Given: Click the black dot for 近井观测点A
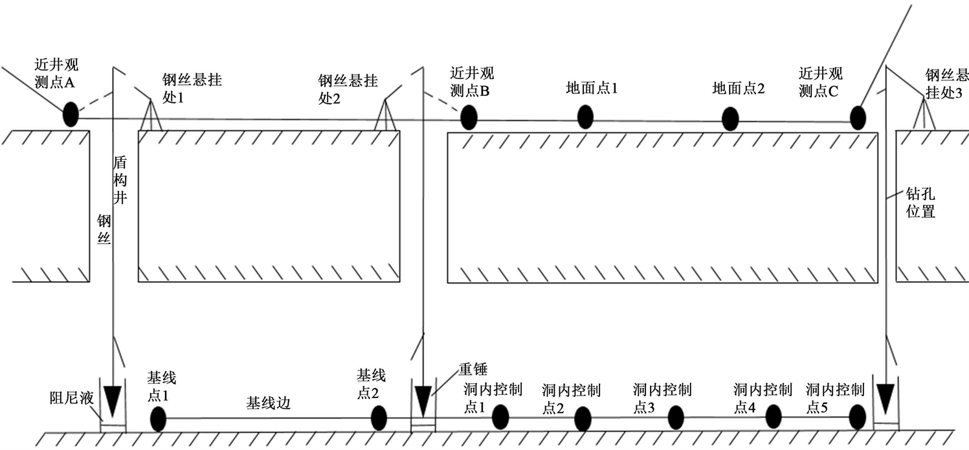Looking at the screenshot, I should (x=70, y=115).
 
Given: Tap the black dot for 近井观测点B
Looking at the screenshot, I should (x=469, y=118).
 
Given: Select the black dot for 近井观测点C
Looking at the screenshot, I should (x=858, y=118).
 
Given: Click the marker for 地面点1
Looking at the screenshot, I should (x=585, y=117).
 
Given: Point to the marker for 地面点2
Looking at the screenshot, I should (x=730, y=118).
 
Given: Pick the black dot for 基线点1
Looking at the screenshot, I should (x=158, y=419).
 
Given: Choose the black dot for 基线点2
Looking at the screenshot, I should (x=379, y=418).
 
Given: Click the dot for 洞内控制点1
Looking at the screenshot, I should (x=500, y=417).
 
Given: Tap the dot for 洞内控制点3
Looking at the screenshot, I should (x=675, y=418).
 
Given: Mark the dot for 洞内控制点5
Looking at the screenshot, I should (x=857, y=416).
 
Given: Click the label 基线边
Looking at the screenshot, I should (x=268, y=403).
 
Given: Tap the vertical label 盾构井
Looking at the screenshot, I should (x=120, y=180).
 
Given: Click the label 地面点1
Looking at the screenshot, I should (x=592, y=89).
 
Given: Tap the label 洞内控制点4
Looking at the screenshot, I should (x=763, y=398).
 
